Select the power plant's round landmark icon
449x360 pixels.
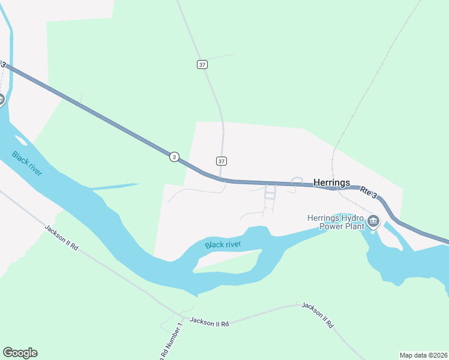click(373, 222)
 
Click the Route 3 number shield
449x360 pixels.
click(173, 157)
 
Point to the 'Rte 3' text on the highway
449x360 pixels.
click(369, 192)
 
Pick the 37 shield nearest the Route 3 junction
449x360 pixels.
click(221, 161)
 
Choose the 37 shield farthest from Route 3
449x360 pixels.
click(202, 64)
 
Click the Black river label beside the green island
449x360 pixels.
click(223, 244)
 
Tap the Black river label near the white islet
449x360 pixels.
click(27, 163)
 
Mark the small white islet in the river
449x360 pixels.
click(20, 141)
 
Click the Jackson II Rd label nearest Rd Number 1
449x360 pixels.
click(209, 323)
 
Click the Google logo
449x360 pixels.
click(20, 353)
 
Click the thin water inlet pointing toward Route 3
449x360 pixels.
click(114, 186)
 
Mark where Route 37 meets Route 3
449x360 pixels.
click(221, 179)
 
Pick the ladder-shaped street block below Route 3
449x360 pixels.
click(270, 192)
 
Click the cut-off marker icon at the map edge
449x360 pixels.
click(2, 99)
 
